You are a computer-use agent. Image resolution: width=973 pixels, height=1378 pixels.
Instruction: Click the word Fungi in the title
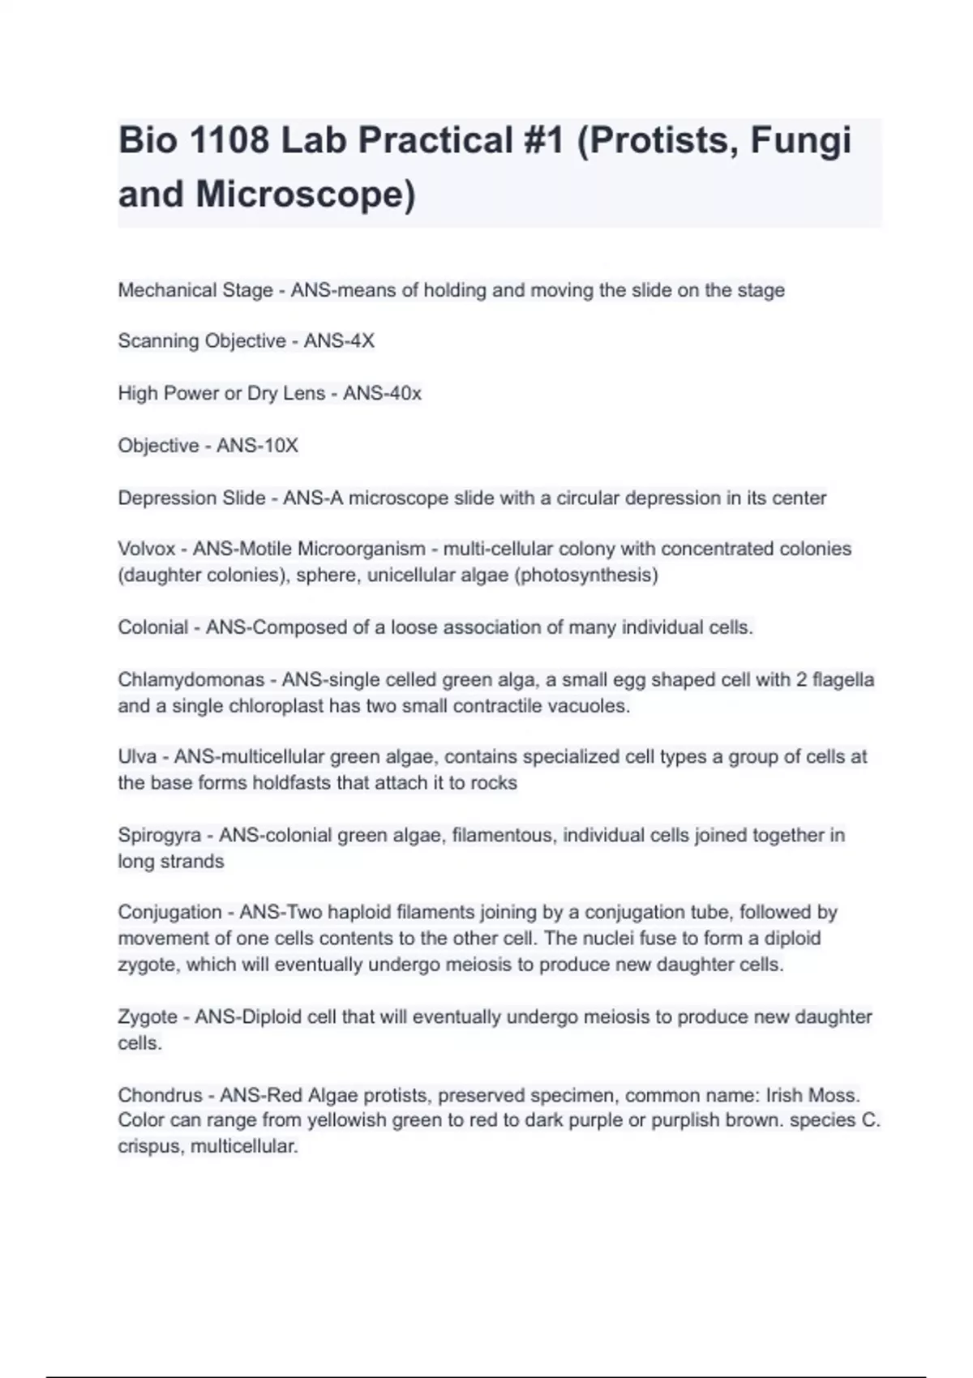coord(800,140)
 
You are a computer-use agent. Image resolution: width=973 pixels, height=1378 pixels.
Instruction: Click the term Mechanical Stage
coord(195,290)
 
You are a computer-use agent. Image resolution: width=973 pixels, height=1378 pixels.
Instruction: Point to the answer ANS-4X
coord(339,341)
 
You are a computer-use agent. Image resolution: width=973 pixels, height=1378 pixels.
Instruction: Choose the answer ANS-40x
coord(382,393)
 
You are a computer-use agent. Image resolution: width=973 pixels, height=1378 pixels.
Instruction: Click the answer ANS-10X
coord(257,446)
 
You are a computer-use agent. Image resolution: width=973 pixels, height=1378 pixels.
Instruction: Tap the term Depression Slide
coord(191,498)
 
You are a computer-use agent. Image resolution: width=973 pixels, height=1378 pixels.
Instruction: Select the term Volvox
coord(147,549)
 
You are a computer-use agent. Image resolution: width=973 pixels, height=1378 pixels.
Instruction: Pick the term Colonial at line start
coord(153,627)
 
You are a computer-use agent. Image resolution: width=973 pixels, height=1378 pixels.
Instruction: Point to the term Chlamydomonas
coord(191,679)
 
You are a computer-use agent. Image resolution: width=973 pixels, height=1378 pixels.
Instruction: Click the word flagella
coord(843,679)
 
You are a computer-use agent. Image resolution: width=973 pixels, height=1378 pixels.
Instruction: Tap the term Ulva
coord(137,757)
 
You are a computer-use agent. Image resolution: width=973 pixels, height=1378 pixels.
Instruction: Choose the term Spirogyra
coord(160,835)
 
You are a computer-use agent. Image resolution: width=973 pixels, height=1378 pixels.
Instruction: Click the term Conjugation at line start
coord(169,912)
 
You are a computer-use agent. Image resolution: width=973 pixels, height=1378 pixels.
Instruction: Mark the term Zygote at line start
coord(148,1016)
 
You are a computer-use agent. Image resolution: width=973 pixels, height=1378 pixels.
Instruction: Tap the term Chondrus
coord(160,1095)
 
